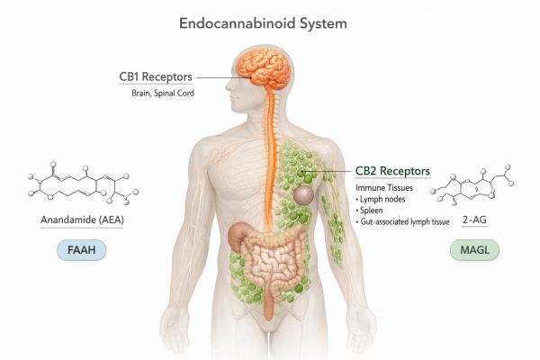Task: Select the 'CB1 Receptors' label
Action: click(x=155, y=76)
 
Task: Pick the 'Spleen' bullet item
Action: click(x=376, y=210)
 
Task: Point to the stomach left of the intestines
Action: click(x=241, y=236)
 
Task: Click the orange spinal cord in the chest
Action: click(x=267, y=162)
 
